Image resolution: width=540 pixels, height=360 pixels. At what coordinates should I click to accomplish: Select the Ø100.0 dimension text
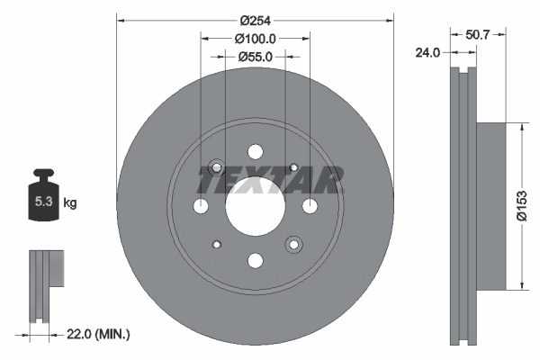[255, 39]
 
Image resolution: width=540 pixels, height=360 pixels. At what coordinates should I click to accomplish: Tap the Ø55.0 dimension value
[255, 57]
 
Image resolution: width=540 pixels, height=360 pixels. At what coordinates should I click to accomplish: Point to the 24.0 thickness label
[427, 53]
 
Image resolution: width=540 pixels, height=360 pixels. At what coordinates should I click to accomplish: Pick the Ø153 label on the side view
[530, 208]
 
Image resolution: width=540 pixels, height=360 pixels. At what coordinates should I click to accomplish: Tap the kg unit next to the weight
[70, 203]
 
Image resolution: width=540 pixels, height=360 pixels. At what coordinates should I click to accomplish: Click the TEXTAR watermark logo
[271, 181]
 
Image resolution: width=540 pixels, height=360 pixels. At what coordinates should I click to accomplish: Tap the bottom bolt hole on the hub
[255, 260]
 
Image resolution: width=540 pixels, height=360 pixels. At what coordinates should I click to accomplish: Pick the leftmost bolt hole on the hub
[201, 207]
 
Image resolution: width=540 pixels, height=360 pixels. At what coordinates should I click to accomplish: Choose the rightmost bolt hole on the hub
[310, 207]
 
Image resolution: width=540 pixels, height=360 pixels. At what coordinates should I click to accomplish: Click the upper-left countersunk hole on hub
[216, 167]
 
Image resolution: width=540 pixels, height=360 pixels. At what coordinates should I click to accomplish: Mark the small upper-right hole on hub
[293, 167]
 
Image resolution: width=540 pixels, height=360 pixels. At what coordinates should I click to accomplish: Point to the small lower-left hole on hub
[216, 244]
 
